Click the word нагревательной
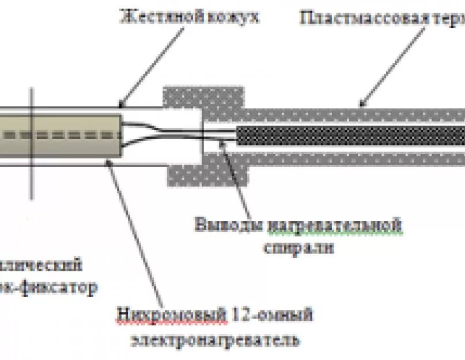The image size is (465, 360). (334, 225)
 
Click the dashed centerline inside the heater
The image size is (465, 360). (58, 136)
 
